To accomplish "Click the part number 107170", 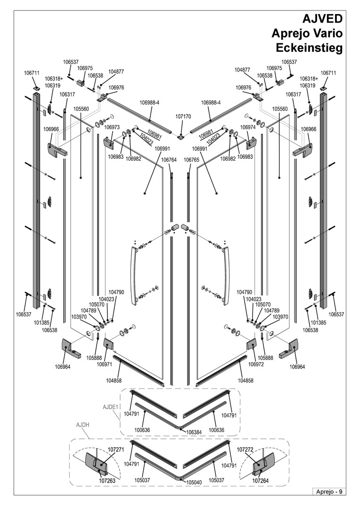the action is pos(183,116).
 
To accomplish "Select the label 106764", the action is pos(169,160).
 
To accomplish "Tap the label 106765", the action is pos(191,160).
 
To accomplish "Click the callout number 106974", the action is pos(248,127).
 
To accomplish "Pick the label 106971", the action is pos(105,364).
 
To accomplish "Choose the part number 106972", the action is pos(256,364).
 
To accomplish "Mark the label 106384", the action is pos(194,432).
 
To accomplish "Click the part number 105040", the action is pos(194,483).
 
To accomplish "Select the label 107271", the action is pos(116,450).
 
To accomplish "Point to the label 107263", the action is pos(107,481).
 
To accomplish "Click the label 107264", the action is pos(261,481).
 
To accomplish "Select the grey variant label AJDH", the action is pos(82,425).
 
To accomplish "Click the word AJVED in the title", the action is pos(322,19).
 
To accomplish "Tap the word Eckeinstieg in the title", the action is pos(310,48).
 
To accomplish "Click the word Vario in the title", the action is pos(327,33).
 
